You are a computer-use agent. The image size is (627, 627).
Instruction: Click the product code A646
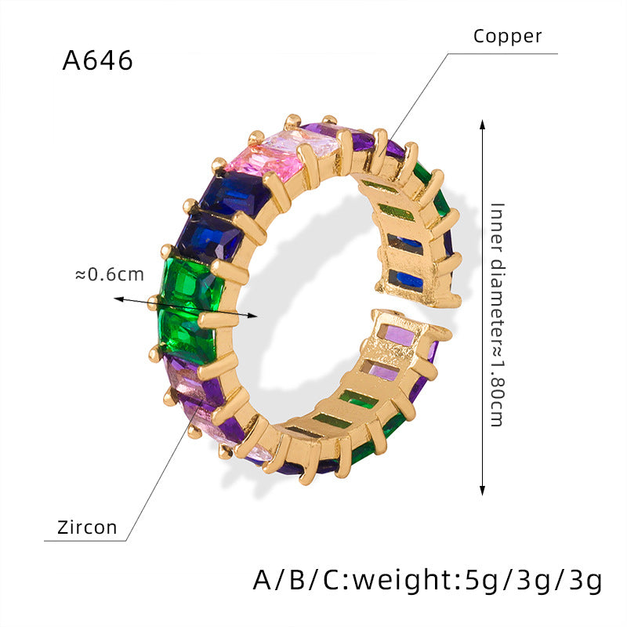click(97, 61)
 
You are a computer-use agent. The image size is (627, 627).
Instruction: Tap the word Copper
click(507, 36)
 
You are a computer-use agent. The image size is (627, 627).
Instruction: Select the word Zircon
click(87, 527)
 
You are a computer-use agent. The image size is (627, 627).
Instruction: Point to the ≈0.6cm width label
click(109, 275)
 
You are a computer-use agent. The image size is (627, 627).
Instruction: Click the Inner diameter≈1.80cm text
click(497, 315)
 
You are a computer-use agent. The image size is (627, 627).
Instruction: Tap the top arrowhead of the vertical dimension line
click(482, 124)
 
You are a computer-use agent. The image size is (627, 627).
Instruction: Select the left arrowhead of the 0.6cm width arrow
click(118, 299)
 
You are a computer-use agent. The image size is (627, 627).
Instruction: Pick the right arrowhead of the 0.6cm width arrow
click(252, 316)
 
